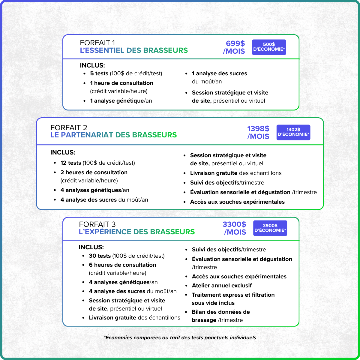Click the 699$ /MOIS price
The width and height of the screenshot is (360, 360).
(x=234, y=47)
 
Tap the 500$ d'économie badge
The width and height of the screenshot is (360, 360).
(x=269, y=47)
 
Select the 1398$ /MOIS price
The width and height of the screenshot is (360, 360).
(x=258, y=132)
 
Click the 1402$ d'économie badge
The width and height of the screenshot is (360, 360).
(x=293, y=132)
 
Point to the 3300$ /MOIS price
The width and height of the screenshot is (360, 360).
(x=235, y=228)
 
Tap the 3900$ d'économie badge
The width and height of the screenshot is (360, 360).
(x=270, y=228)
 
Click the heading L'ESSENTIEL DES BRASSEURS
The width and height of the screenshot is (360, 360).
(x=134, y=50)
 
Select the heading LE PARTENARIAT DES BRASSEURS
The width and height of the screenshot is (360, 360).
(x=113, y=135)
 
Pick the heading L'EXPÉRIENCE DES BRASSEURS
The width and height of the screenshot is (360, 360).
(x=136, y=232)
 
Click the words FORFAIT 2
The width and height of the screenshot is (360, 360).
(x=69, y=127)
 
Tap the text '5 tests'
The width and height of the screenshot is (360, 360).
(x=99, y=73)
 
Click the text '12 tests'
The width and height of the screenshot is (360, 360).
(x=71, y=163)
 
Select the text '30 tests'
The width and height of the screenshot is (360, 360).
(x=100, y=256)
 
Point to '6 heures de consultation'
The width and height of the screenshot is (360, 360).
(x=122, y=265)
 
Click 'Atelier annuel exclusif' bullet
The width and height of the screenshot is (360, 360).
(x=222, y=286)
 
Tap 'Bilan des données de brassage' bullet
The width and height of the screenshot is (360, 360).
(x=221, y=316)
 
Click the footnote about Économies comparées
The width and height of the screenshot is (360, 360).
(x=180, y=337)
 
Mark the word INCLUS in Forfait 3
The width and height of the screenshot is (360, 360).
(x=91, y=247)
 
